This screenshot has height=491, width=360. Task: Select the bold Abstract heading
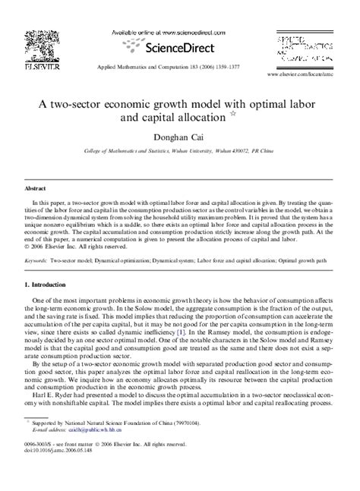point(36,187)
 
